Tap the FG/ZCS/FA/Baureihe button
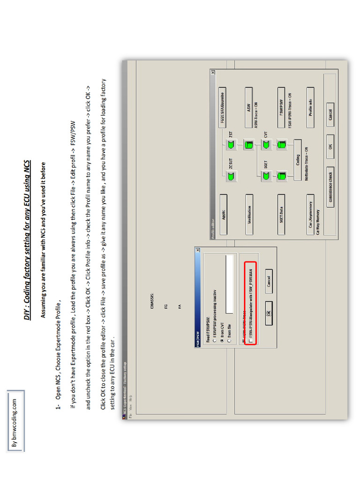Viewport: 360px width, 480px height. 223,107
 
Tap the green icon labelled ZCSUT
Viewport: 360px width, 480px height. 231,176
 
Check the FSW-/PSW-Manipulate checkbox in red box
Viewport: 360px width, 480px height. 250,341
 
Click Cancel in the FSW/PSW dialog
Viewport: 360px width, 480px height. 269,281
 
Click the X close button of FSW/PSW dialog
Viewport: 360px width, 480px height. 197,250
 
